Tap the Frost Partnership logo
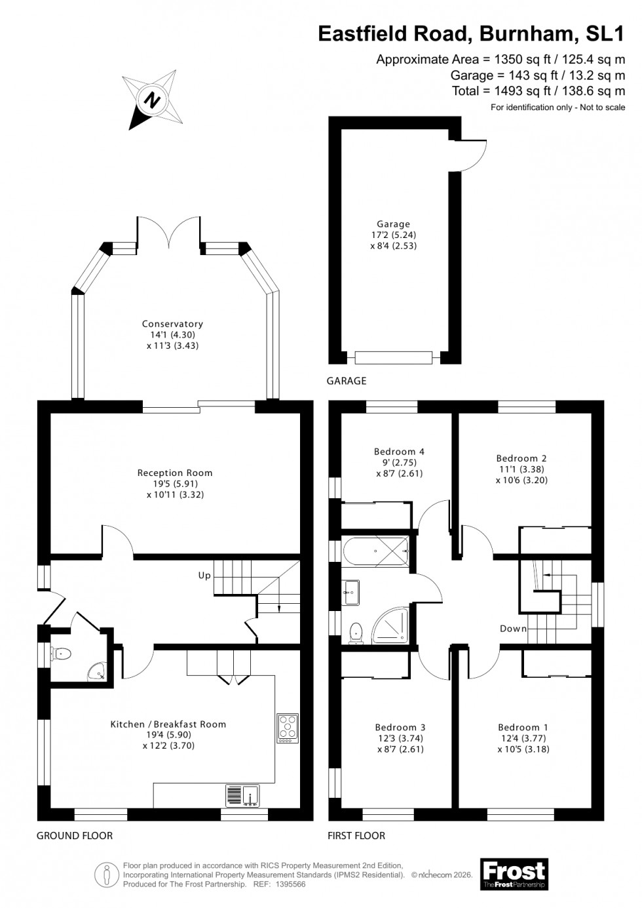514,875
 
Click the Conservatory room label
172,324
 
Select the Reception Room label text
175,473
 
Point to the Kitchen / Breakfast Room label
168,724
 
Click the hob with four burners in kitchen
287,728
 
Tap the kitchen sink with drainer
243,795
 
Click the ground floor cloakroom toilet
62,653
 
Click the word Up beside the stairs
204,576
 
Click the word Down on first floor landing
513,628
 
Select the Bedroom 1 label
523,727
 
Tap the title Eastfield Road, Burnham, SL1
471,33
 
